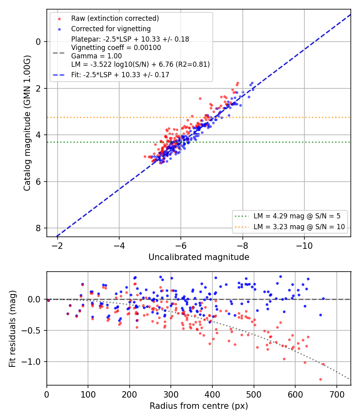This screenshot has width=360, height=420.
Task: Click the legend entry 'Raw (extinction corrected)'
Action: [x=115, y=18]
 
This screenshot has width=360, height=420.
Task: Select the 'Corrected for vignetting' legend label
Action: [x=111, y=29]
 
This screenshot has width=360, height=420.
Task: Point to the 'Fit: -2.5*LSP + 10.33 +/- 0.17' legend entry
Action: [x=120, y=75]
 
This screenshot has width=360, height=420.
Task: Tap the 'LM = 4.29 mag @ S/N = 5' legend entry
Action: [x=297, y=216]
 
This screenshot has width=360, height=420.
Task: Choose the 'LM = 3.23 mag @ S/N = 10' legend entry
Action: [x=299, y=227]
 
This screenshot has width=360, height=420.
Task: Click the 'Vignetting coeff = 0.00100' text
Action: [x=116, y=48]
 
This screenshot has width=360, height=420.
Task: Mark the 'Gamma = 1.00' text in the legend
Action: [x=96, y=56]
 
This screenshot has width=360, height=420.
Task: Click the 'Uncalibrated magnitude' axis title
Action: [x=199, y=257]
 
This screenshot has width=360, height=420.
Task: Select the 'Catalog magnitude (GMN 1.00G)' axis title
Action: [x=27, y=123]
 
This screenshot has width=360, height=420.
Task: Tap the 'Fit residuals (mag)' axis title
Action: [x=12, y=329]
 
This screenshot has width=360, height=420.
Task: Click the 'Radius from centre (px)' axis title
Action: [x=199, y=406]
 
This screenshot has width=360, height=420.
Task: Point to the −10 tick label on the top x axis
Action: [x=304, y=246]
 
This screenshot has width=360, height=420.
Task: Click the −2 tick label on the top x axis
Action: [x=57, y=246]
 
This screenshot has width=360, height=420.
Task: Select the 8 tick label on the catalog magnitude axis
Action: [x=38, y=228]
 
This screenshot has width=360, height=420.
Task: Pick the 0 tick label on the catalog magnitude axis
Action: [x=38, y=42]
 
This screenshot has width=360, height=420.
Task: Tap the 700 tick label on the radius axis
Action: [x=336, y=394]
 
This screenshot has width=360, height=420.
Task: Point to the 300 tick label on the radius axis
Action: [x=171, y=394]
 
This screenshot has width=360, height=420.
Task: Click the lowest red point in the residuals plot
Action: [x=320, y=379]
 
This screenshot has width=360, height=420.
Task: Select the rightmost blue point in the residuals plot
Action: [x=323, y=298]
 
